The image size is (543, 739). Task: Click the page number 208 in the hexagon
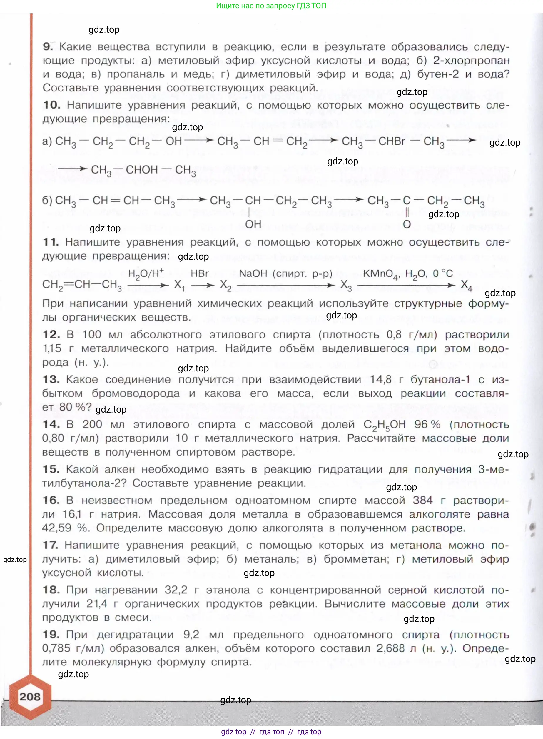pyautogui.click(x=30, y=696)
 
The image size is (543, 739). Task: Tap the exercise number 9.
pyautogui.click(x=48, y=46)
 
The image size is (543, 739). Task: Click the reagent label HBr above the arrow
pyautogui.click(x=200, y=273)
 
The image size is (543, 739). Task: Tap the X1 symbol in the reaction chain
pyautogui.click(x=179, y=285)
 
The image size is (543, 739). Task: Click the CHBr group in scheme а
pyautogui.click(x=392, y=141)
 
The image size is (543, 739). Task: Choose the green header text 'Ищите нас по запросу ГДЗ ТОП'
pyautogui.click(x=271, y=6)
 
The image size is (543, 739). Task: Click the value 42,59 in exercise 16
pyautogui.click(x=56, y=528)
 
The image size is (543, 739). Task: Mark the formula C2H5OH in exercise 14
pyautogui.click(x=384, y=424)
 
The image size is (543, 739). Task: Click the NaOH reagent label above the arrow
pyautogui.click(x=253, y=273)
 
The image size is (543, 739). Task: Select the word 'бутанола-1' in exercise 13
pyautogui.click(x=440, y=379)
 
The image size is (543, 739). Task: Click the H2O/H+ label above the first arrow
pyautogui.click(x=146, y=273)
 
